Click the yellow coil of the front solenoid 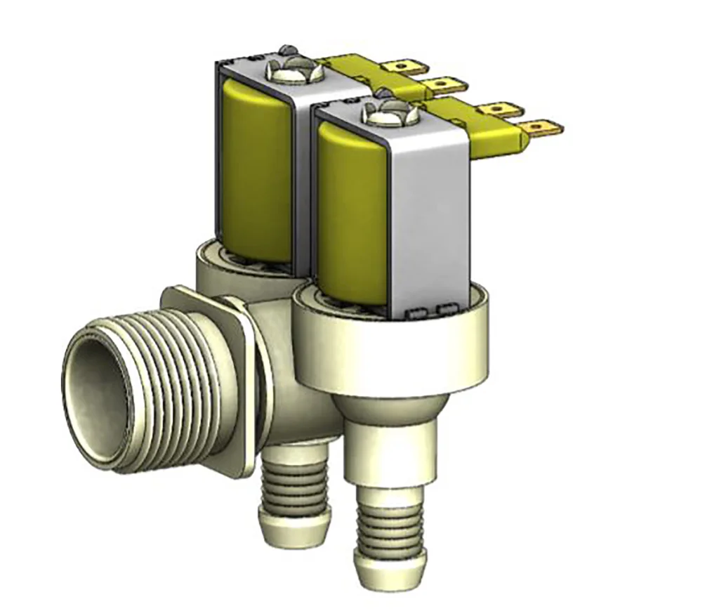(351, 211)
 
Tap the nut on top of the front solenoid (388, 113)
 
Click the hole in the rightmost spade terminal (538, 128)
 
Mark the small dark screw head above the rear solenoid (284, 49)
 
